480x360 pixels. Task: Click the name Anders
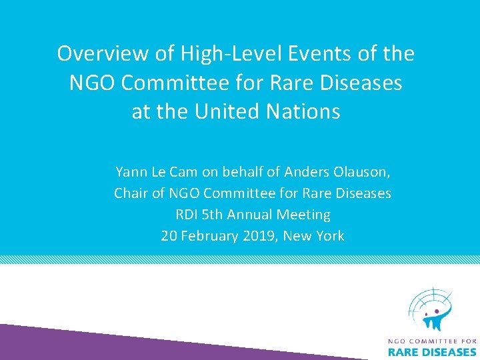[x=305, y=172]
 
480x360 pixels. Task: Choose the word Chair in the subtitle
[x=131, y=193]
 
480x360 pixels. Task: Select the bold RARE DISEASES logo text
[x=432, y=353]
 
